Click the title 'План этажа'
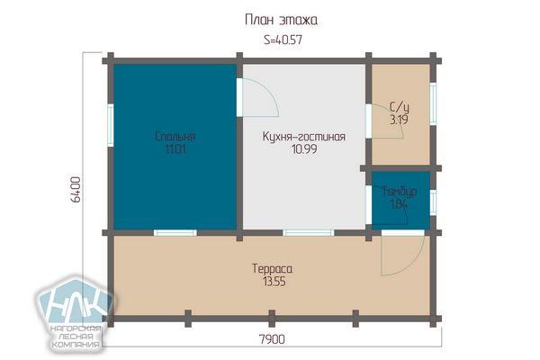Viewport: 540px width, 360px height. (281, 20)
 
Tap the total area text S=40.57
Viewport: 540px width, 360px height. (283, 40)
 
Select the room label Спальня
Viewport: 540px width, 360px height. (175, 137)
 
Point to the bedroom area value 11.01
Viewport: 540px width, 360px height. (175, 149)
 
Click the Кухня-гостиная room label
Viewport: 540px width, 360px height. (304, 137)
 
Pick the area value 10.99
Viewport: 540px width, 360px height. (304, 149)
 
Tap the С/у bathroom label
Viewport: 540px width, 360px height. (399, 107)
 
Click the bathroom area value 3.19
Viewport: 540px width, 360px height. (399, 120)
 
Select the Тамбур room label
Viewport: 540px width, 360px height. (400, 191)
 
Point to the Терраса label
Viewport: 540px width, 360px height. (272, 269)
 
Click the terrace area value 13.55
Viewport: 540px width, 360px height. (274, 282)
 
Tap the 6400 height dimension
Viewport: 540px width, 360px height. (76, 190)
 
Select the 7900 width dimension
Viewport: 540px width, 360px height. (272, 339)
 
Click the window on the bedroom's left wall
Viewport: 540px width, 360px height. (111, 125)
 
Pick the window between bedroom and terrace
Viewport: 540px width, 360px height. (175, 233)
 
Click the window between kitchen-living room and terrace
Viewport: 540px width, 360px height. (308, 233)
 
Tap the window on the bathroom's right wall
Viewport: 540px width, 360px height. (433, 103)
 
